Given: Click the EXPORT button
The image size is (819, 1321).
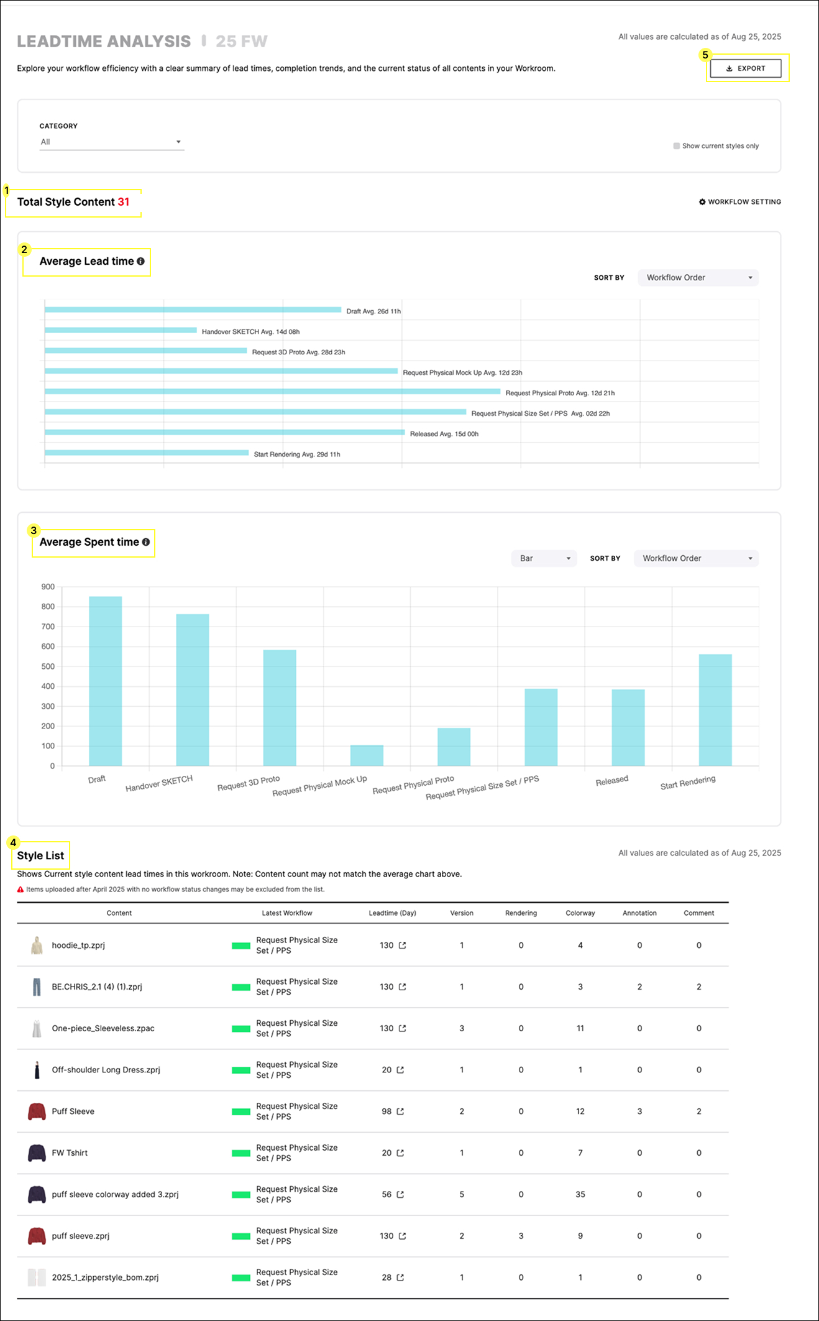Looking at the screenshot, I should point(745,68).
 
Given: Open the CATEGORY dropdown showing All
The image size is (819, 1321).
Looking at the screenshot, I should point(112,142).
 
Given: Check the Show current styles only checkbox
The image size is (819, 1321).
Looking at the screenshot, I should point(676,146).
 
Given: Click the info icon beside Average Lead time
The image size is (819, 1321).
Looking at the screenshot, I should point(141,262).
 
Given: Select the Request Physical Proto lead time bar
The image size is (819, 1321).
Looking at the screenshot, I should point(272,392).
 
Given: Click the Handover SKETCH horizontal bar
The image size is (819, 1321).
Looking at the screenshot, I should point(121,330).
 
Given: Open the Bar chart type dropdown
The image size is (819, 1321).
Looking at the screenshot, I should point(544,558).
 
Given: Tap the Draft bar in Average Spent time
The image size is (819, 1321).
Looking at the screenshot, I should point(106,681).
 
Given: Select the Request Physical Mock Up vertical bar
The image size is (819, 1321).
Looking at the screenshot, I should point(367,755).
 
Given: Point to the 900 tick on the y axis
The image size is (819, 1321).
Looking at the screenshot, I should point(48,587).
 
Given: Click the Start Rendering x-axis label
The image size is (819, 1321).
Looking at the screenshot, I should point(687,783).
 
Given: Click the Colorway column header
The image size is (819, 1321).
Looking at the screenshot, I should point(580,913).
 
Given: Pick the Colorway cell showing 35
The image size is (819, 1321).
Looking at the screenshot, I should point(580,1194).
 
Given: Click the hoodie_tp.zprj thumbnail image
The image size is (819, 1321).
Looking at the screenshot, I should point(37,946).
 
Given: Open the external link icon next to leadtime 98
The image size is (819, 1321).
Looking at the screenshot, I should point(400,1112).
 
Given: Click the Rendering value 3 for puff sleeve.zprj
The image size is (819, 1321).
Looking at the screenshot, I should point(521,1236).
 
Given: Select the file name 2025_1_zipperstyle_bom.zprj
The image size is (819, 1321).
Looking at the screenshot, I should point(105,1277).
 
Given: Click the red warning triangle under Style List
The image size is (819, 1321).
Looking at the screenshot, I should point(21,890).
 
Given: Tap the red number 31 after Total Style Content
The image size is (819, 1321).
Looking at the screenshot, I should point(124,202).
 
